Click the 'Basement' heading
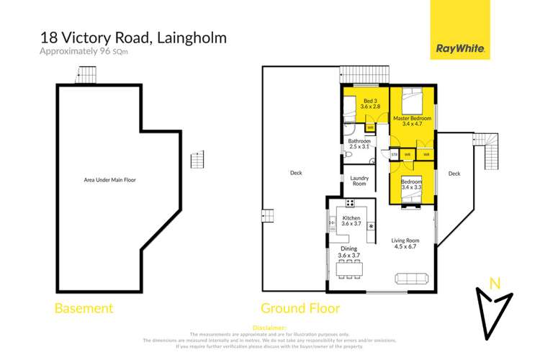[x=84, y=308]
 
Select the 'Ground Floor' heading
[x=300, y=308]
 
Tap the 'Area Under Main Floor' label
[x=109, y=179]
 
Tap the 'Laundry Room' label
[x=359, y=181]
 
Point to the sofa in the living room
[x=411, y=279]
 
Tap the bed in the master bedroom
[x=412, y=96]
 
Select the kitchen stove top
[x=371, y=227]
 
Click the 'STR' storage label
[x=394, y=154]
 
